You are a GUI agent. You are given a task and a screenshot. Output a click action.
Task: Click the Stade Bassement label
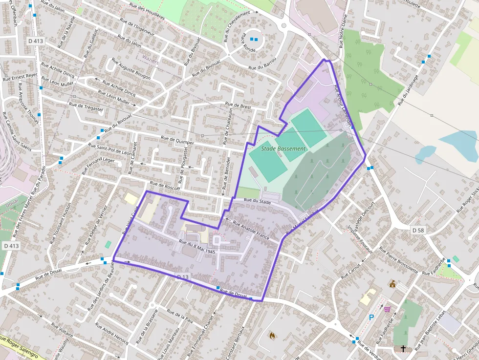(x=283, y=148)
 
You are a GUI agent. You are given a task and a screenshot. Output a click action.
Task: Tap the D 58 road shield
(x=418, y=230)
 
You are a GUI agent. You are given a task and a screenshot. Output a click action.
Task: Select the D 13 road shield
(x=182, y=277)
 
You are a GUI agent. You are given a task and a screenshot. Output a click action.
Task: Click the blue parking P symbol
(x=371, y=317)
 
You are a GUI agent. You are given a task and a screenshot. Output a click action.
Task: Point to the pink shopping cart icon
(x=387, y=309)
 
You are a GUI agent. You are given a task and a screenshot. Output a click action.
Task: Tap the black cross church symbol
(x=403, y=349)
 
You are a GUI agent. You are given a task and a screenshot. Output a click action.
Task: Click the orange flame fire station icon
(x=272, y=336)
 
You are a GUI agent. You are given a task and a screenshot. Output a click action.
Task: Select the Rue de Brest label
(x=238, y=105)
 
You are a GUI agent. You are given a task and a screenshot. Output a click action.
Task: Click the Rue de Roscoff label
(x=165, y=186)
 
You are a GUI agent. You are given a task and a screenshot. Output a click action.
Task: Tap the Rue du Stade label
(x=257, y=200)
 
